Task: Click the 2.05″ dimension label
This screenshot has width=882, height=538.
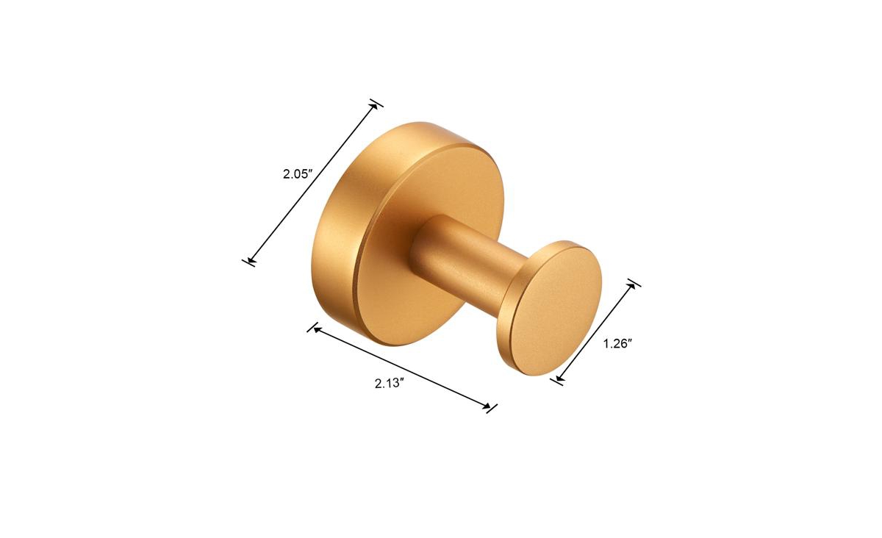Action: (x=298, y=173)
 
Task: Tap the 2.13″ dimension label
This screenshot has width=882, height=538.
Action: (x=390, y=383)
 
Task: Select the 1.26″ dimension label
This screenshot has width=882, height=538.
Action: (x=618, y=344)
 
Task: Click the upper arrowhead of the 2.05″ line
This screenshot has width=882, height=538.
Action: (x=373, y=108)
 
